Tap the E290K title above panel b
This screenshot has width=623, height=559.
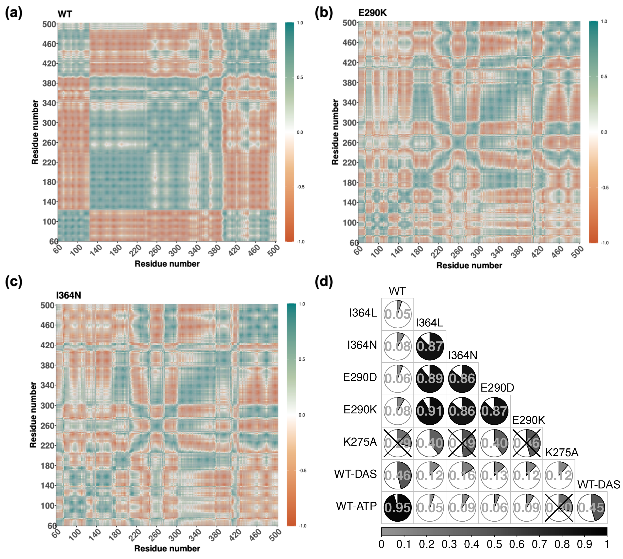click(372, 13)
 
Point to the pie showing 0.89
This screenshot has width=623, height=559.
click(430, 378)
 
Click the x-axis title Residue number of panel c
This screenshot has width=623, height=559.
click(167, 548)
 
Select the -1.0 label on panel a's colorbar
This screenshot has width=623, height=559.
click(300, 242)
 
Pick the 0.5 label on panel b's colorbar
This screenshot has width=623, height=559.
click(604, 77)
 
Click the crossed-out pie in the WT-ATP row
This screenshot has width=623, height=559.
click(559, 508)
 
